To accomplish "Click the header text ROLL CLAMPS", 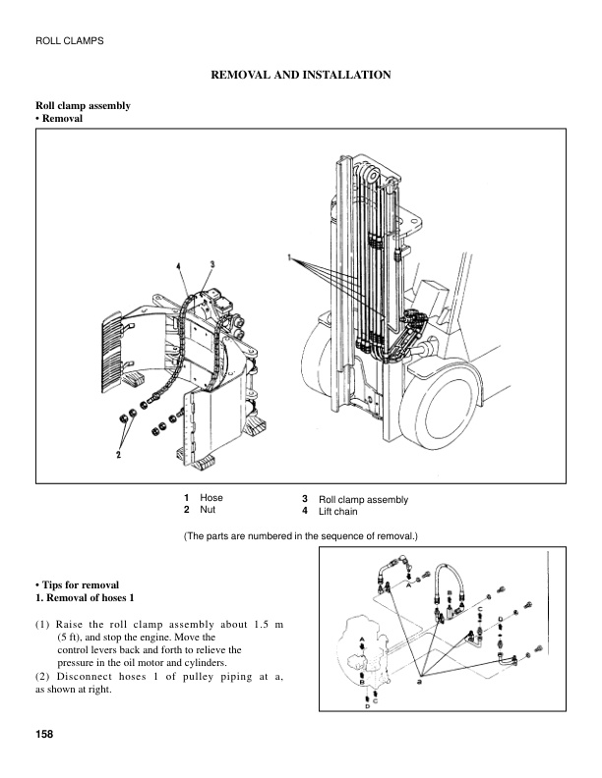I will coord(70,40).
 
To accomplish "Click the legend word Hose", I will coord(211,498).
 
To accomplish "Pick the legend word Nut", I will coord(208,511).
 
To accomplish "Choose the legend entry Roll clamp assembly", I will coord(363,499).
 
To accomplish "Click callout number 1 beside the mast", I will coord(291,256).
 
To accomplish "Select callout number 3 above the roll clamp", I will coord(212,264).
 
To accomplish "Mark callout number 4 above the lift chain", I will coord(179,266).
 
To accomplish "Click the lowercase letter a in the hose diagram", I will coord(421,679).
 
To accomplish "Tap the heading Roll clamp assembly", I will coord(84,105).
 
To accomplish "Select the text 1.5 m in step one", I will coord(263,624).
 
